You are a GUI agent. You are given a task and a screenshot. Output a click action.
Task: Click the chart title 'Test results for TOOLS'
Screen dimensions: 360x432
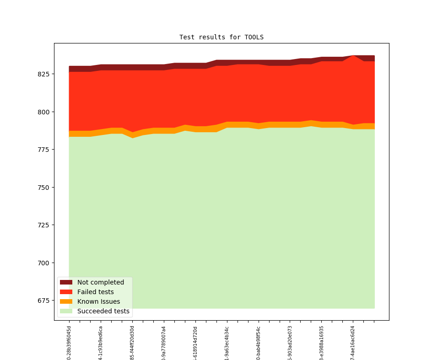(221, 37)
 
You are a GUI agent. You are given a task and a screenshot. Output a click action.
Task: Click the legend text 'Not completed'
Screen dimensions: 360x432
(101, 282)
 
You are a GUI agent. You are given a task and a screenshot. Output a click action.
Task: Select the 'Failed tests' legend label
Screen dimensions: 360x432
(96, 292)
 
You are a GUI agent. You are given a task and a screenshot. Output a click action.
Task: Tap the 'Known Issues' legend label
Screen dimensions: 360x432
(98, 301)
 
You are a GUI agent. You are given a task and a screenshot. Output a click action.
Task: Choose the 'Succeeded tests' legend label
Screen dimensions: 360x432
(103, 311)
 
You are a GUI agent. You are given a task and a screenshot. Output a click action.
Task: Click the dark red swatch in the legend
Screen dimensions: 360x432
(66, 282)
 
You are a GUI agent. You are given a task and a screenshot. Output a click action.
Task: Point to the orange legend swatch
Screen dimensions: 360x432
(66, 301)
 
